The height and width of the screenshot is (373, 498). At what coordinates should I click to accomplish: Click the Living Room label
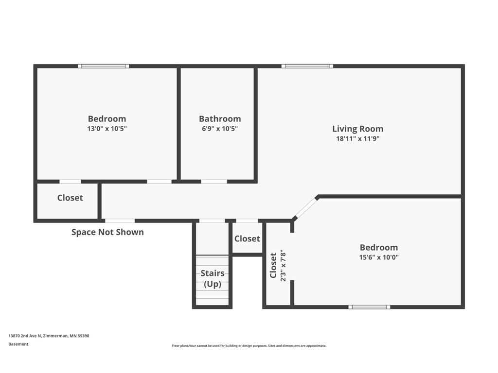coord(357,129)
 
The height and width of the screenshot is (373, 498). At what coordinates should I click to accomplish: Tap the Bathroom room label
coord(220,119)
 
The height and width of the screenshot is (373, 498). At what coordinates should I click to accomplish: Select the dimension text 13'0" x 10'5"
coord(107,129)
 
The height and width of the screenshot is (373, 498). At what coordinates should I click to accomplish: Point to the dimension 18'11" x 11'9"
coord(357,138)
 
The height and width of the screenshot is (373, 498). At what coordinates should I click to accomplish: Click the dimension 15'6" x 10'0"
coord(378,257)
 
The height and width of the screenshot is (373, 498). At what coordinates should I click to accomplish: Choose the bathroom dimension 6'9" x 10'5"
coord(220,129)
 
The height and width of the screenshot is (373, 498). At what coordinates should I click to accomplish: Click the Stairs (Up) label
coord(213,279)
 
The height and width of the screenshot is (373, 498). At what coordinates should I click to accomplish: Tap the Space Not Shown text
coord(107,232)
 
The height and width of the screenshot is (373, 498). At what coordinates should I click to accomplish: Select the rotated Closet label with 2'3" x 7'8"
coord(277,265)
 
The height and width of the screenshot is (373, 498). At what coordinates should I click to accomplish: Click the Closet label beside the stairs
coord(247,239)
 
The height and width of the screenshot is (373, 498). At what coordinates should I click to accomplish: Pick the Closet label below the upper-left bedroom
coord(70,198)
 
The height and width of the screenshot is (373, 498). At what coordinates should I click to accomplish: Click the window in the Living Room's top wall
coord(307,66)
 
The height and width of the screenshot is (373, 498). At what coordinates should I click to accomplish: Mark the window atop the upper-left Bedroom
coord(104,66)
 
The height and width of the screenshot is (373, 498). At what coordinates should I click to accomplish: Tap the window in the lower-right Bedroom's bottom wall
coord(369,307)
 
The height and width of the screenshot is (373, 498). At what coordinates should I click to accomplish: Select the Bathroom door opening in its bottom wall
coord(214,182)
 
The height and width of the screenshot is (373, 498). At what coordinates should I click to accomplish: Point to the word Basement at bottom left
coord(18,344)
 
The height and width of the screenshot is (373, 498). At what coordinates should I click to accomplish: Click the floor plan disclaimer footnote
coord(249,346)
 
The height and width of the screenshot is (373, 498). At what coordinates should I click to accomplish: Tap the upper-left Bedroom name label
coord(107,119)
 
